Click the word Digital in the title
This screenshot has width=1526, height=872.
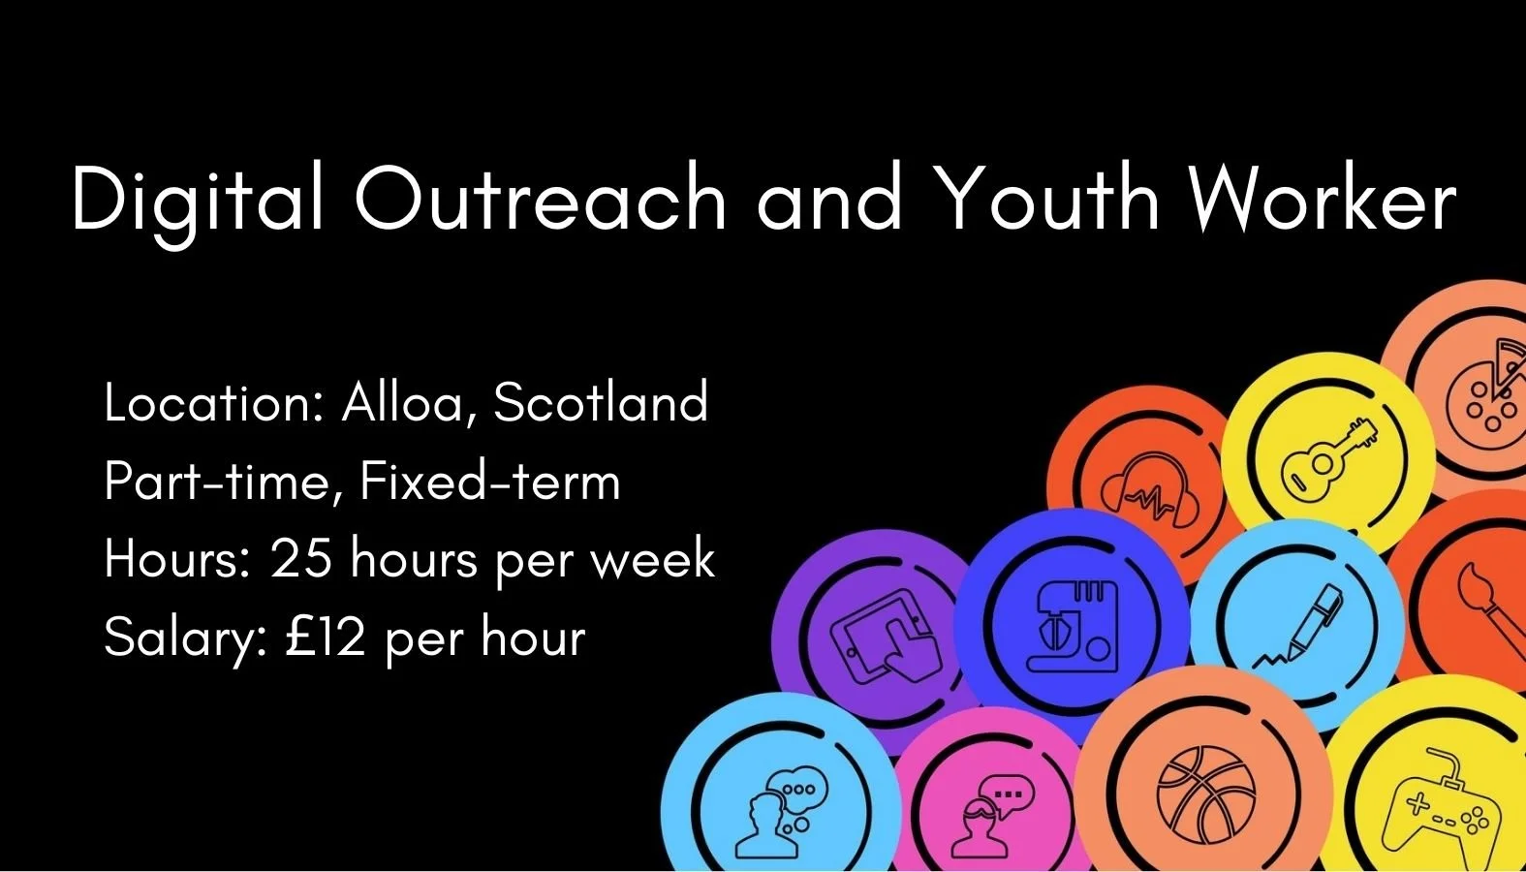(x=198, y=200)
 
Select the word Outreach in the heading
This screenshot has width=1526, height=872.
(x=540, y=200)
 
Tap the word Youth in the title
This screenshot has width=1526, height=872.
(x=1050, y=200)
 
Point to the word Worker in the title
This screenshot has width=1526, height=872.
(x=1322, y=200)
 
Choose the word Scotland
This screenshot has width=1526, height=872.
(x=601, y=403)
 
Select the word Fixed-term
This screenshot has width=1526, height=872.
(x=489, y=482)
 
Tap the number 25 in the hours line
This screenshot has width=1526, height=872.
(x=300, y=559)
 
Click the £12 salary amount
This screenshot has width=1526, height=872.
(x=326, y=638)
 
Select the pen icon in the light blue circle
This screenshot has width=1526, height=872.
(x=1298, y=626)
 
